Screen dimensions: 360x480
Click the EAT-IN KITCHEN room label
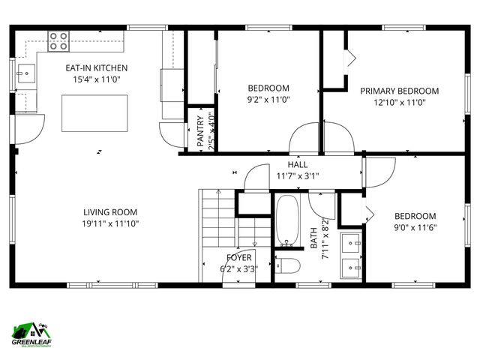click(x=95, y=67)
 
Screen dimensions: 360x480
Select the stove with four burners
click(x=58, y=40)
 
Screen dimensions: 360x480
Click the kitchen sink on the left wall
click(x=25, y=73)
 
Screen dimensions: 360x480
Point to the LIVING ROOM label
click(x=110, y=212)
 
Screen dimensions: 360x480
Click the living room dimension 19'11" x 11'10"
click(x=110, y=223)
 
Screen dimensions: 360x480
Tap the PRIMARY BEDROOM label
click(x=399, y=91)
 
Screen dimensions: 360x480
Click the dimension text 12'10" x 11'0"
click(x=399, y=103)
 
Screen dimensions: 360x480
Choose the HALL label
click(x=298, y=165)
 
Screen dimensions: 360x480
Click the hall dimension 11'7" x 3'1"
click(x=298, y=176)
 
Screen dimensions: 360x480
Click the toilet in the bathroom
click(x=288, y=265)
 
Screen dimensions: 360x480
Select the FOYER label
click(x=238, y=257)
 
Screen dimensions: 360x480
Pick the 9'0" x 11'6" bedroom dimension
click(x=415, y=228)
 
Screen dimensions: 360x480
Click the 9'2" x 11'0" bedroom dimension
click(x=268, y=99)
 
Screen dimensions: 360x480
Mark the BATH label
click(x=314, y=238)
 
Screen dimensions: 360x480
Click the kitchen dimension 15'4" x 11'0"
click(x=95, y=79)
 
